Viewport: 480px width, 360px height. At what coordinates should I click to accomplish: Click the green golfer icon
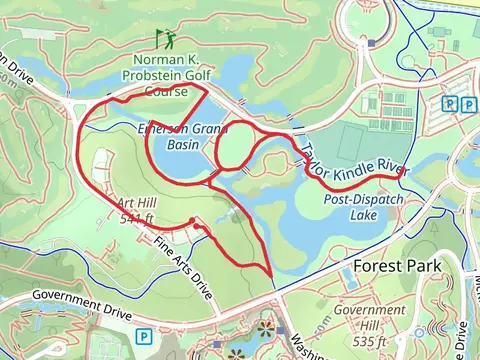(164, 40)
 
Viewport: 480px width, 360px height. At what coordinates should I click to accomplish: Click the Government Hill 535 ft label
(355, 322)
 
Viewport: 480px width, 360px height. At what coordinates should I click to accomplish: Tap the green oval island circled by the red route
(233, 146)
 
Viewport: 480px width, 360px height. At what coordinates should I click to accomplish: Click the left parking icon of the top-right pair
(451, 104)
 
